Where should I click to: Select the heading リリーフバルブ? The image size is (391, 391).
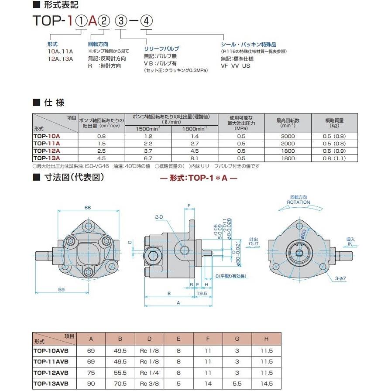pyautogui.click(x=161, y=49)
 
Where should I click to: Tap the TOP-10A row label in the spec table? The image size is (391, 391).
pyautogui.click(x=47, y=136)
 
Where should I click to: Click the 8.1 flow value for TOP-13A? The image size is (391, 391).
pyautogui.click(x=194, y=158)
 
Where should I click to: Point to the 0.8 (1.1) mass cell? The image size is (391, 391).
pyautogui.click(x=334, y=158)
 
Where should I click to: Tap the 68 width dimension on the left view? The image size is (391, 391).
pyautogui.click(x=88, y=208)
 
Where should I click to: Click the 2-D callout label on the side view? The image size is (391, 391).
pyautogui.click(x=159, y=217)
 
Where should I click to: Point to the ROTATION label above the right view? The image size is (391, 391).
pyautogui.click(x=298, y=202)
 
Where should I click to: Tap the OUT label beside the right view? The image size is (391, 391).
pyautogui.click(x=254, y=244)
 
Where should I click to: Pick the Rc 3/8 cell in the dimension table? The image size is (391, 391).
pyautogui.click(x=149, y=384)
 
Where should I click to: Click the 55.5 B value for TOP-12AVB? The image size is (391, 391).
pyautogui.click(x=120, y=373)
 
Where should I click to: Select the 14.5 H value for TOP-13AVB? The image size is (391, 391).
pyautogui.click(x=266, y=384)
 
